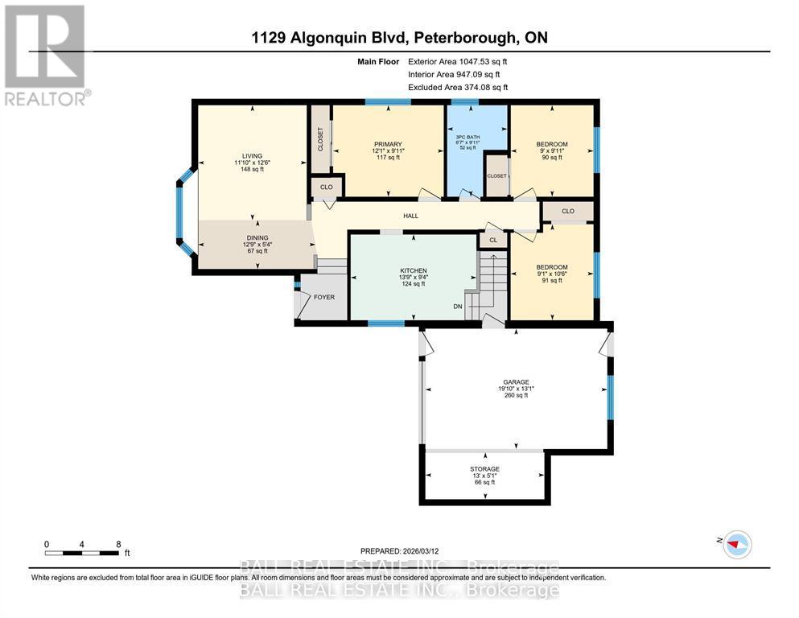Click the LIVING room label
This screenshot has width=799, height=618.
[x=253, y=157]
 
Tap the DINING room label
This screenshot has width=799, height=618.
[x=256, y=238]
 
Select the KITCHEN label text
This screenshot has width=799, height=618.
[x=413, y=270]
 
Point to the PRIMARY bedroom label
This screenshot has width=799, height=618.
[x=387, y=144]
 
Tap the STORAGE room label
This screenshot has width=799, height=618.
[x=484, y=469]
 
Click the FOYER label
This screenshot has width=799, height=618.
[x=323, y=297]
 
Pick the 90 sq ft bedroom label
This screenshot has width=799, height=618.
[x=552, y=145]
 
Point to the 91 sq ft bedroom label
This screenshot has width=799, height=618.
[x=552, y=267]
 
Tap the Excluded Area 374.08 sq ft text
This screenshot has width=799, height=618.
[x=458, y=87]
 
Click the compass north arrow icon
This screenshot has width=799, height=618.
[x=735, y=544]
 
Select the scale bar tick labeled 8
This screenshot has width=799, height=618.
[x=118, y=544]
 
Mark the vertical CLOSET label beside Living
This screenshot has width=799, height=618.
[x=319, y=140]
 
